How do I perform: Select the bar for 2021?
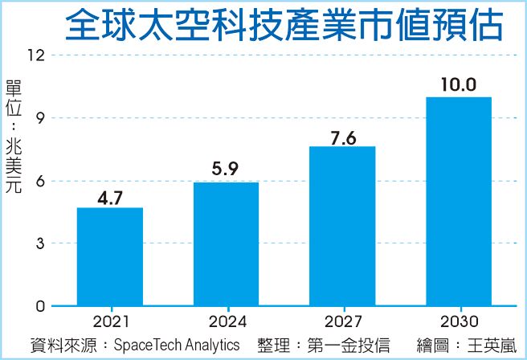[x=110, y=256]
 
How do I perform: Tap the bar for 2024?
[x=226, y=244]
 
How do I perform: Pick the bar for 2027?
[x=342, y=226]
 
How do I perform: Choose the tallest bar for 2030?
[x=458, y=201]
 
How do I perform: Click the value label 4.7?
[x=110, y=196]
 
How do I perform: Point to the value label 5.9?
[x=226, y=170]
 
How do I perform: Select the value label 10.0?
[x=458, y=84]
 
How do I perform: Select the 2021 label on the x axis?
[x=110, y=323]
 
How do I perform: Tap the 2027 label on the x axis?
[x=342, y=323]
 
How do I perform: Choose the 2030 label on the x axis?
[x=458, y=323]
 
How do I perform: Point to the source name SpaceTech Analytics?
[x=177, y=345]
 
